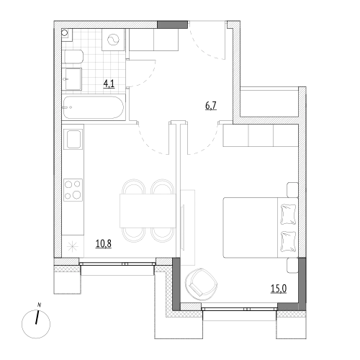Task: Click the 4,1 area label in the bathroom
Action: [109, 84]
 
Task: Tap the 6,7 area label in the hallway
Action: [211, 105]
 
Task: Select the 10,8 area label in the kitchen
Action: [104, 243]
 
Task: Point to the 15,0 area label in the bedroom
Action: [279, 289]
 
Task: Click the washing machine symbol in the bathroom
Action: [113, 40]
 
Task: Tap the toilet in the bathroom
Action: [73, 57]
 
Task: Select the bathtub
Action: [94, 107]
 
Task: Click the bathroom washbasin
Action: [72, 79]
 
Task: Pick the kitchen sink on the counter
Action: [73, 139]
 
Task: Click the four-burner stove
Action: [73, 190]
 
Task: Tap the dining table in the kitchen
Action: [148, 210]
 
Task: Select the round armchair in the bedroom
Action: [201, 284]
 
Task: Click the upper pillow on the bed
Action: [288, 214]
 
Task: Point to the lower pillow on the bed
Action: [288, 241]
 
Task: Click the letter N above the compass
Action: [39, 305]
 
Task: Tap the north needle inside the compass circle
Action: [37, 318]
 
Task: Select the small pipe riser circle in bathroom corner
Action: [65, 32]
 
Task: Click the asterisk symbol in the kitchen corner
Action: [72, 247]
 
